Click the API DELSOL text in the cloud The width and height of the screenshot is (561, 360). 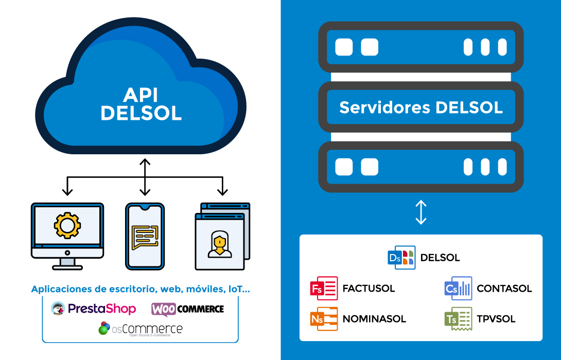tap(141, 104)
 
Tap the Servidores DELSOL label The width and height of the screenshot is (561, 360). tap(421, 107)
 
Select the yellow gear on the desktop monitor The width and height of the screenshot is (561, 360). tap(67, 225)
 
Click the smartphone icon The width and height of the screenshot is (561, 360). tap(145, 236)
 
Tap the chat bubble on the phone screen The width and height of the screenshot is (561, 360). tap(145, 237)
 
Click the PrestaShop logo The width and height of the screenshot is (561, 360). tap(94, 309)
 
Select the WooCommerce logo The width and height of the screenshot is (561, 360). tap(188, 309)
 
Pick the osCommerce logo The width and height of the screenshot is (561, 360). tap(141, 328)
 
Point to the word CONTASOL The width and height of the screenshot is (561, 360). tap(504, 289)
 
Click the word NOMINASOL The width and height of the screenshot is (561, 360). tap(374, 319)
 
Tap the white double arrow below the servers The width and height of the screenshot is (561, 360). tap(421, 212)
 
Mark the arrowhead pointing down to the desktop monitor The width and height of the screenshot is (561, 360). tap(67, 192)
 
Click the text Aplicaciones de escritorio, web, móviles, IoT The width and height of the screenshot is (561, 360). tap(141, 289)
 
